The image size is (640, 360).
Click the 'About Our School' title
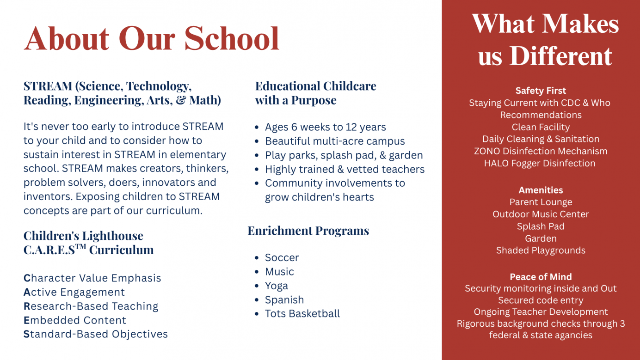[152, 38]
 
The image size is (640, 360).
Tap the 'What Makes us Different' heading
[545, 40]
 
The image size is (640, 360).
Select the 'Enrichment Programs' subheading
[308, 231]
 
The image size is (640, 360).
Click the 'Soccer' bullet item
[282, 257]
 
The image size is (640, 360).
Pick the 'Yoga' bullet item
[276, 286]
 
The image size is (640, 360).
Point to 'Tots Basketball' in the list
[302, 313]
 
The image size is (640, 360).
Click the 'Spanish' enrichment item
[284, 299]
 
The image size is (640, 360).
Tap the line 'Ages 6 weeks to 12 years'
[325, 127]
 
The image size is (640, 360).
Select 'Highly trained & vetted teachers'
[345, 169]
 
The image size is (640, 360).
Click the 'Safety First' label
[541, 91]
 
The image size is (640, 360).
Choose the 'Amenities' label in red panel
[541, 190]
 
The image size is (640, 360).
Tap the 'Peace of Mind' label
[541, 277]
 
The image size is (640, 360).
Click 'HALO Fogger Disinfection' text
[540, 163]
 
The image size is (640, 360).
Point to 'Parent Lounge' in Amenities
[541, 202]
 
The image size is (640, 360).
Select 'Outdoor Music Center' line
[541, 214]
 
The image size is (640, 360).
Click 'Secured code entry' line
[541, 300]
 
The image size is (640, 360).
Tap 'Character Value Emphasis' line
[92, 278]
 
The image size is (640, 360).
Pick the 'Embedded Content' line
[75, 320]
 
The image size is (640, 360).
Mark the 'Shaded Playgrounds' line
[541, 250]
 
